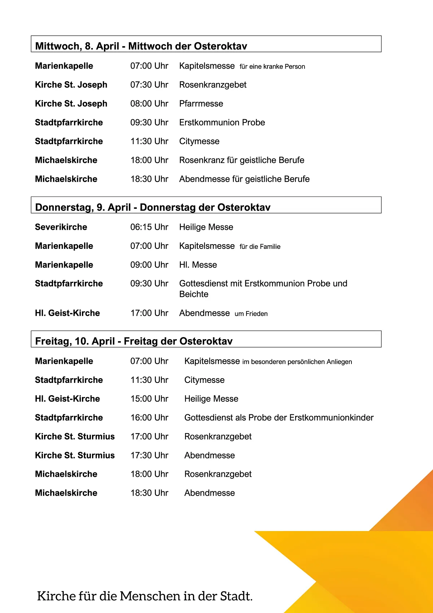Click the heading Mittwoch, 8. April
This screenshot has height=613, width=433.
point(141,46)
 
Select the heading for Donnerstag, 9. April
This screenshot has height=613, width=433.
point(153,207)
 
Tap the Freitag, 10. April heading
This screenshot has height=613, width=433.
point(134,341)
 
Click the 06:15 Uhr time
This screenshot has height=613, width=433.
point(149,227)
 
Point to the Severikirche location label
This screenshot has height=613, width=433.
point(61,227)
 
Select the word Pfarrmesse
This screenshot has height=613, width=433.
point(201,104)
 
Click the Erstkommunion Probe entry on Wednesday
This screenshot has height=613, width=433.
point(222,122)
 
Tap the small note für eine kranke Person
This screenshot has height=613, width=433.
point(272,66)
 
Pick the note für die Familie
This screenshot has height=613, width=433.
point(260,247)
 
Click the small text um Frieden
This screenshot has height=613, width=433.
point(251,314)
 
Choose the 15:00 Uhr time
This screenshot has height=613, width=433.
point(149,399)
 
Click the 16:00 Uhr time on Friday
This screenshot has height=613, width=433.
point(149,418)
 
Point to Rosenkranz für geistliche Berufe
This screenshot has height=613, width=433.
point(242,160)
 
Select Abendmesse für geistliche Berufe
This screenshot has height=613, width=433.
point(244,179)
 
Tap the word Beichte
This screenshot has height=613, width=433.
point(194,294)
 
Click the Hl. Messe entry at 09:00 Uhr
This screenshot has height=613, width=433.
point(198,265)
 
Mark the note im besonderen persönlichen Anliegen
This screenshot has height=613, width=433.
point(297,362)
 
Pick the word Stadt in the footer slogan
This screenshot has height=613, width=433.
point(236,596)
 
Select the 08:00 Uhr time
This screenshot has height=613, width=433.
point(149,104)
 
